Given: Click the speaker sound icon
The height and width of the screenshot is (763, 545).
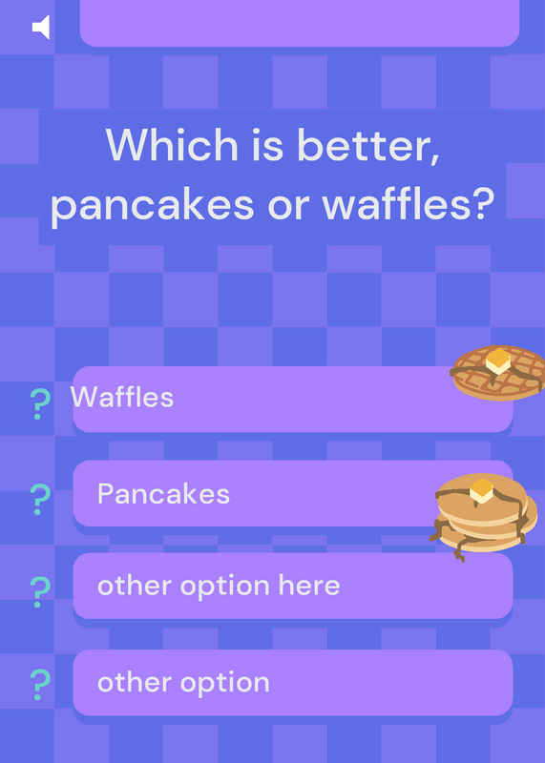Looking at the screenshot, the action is (41, 27).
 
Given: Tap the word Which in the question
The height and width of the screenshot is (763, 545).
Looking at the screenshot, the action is (172, 145).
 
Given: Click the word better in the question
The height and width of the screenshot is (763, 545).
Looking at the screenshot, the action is (368, 146).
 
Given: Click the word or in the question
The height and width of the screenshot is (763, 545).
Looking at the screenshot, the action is (288, 206).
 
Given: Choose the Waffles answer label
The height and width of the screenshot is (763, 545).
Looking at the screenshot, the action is (122, 397).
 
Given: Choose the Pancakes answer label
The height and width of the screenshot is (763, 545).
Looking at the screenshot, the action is (163, 494).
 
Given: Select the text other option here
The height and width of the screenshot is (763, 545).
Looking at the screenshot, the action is (219, 587).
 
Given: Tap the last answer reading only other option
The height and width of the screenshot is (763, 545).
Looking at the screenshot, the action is (183, 683).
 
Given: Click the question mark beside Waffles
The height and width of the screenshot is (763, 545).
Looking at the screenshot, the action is (40, 403).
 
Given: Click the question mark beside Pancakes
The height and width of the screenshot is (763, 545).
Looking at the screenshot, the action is (40, 499).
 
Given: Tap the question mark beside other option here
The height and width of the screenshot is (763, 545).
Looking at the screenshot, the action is (40, 592).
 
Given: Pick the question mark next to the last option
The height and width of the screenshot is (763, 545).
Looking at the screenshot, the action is (40, 685).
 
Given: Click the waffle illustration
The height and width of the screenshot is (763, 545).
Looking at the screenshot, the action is (498, 373).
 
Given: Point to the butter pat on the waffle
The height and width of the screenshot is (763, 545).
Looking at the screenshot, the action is (498, 361).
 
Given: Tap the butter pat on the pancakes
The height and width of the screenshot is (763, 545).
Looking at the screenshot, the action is (482, 490).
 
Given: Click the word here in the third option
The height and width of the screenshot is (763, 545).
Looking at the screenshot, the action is (309, 585).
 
